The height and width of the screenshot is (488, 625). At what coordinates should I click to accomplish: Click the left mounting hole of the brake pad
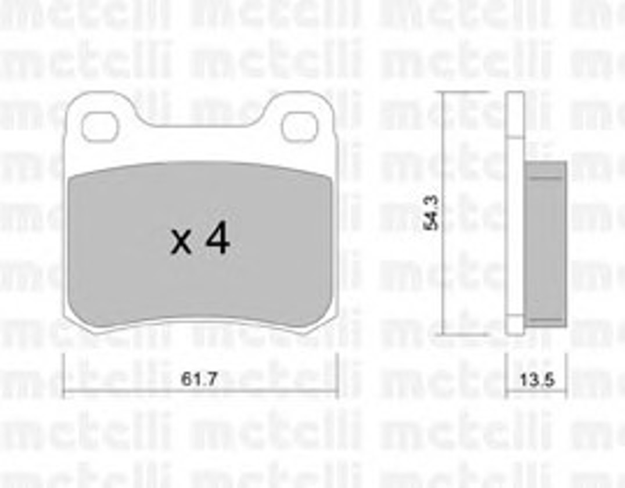(99, 127)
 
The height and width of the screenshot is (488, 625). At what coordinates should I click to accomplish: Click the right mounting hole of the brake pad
(299, 127)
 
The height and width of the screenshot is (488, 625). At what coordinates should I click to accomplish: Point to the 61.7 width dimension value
(199, 380)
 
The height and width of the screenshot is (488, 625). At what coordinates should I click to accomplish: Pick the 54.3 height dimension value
(431, 213)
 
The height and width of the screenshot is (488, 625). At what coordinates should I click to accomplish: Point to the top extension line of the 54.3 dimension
(465, 92)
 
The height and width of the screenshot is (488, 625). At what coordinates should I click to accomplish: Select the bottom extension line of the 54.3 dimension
(465, 335)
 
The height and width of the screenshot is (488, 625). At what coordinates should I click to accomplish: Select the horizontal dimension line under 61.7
(199, 392)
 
